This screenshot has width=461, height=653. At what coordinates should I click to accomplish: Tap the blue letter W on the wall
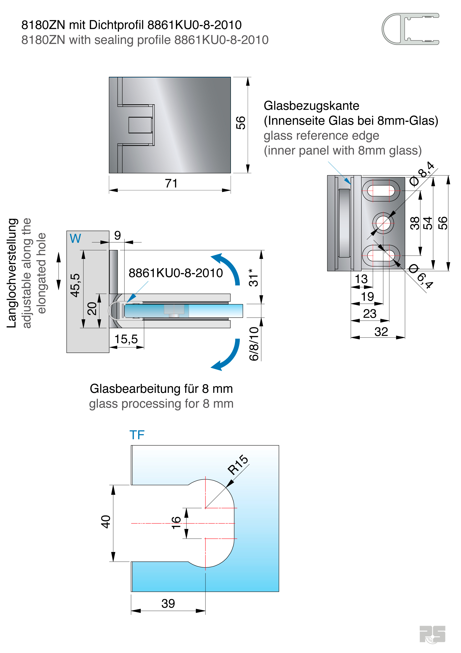75,238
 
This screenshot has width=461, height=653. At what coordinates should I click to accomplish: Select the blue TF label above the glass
137,435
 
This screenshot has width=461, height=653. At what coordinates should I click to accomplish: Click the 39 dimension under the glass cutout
168,603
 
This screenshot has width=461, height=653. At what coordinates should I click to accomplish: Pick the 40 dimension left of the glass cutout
106,522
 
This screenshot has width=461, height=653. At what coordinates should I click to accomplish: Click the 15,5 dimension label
126,339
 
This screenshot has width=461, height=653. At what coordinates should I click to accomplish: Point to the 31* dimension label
253,277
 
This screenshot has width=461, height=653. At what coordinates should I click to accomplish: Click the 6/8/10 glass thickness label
254,344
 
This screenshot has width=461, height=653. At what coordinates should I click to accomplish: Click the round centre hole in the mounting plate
383,223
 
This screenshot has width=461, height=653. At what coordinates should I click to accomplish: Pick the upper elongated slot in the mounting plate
381,190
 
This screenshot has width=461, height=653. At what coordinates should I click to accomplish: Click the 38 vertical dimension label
415,223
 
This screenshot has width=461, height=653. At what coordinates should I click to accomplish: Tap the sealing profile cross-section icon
410,29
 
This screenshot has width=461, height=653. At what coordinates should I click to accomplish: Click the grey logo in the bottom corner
432,634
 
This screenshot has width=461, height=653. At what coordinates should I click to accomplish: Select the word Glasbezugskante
311,106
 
